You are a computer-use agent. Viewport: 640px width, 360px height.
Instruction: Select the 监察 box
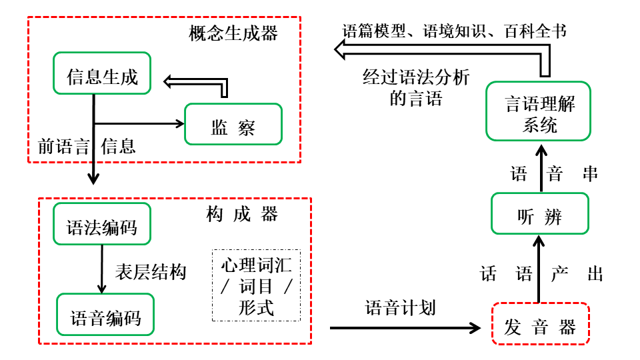click(x=233, y=125)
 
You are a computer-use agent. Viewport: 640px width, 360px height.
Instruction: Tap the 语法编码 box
click(x=101, y=224)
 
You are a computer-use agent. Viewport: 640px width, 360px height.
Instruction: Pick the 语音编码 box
click(x=105, y=315)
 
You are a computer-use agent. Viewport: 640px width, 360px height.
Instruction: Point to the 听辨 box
click(x=539, y=213)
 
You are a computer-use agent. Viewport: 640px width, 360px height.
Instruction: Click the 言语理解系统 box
click(x=539, y=111)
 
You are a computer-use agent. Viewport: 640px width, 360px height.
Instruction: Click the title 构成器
click(x=242, y=214)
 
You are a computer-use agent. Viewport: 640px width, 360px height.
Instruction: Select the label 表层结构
click(x=151, y=271)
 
